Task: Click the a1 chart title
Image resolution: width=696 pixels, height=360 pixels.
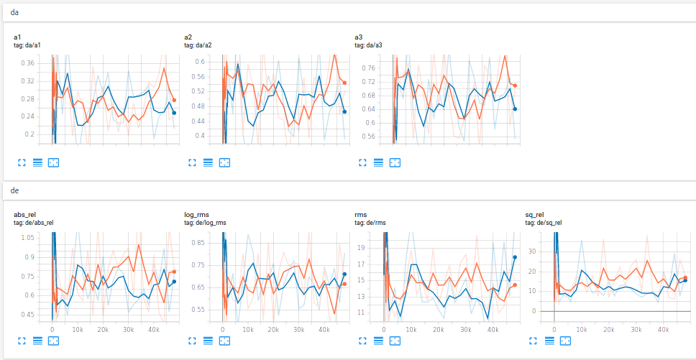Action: click(x=18, y=37)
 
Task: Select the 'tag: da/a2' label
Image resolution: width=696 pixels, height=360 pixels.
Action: click(x=198, y=45)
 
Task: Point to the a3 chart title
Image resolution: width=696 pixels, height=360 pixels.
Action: click(x=359, y=37)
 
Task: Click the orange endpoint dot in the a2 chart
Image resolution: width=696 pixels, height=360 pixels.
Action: click(x=344, y=83)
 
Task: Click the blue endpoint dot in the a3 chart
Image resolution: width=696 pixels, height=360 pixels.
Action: click(x=515, y=109)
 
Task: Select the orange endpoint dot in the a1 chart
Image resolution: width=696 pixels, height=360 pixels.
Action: click(x=174, y=100)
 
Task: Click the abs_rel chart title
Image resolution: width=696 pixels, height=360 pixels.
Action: click(x=24, y=214)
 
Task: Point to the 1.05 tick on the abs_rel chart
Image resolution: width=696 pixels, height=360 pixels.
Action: click(x=27, y=238)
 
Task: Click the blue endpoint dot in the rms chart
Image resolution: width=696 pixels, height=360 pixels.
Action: click(x=515, y=257)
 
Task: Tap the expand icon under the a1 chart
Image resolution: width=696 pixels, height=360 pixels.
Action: click(x=21, y=163)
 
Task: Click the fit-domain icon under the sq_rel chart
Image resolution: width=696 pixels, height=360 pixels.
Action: click(x=565, y=341)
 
